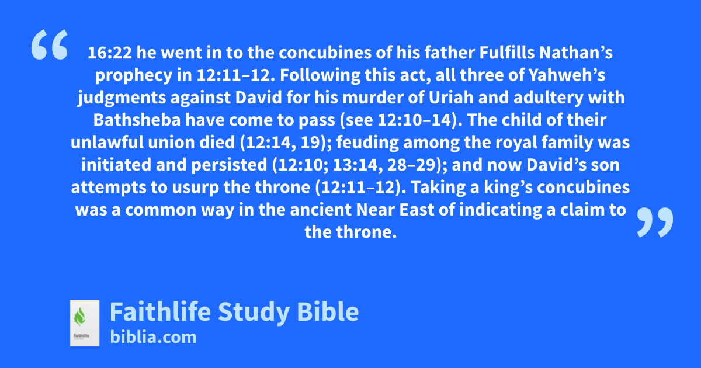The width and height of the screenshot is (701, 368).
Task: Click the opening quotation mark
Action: (x=50, y=44)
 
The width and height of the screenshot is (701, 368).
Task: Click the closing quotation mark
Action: (x=655, y=222)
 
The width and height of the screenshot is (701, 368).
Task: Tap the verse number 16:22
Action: (x=110, y=53)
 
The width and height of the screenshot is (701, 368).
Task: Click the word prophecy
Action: (x=134, y=76)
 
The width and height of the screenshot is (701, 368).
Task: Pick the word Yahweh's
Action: (x=567, y=75)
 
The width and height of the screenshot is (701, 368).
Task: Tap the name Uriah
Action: (x=451, y=98)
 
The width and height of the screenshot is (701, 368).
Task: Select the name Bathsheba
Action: (x=137, y=120)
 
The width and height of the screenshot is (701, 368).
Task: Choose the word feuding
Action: (x=367, y=143)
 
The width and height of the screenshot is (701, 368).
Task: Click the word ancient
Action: (x=321, y=210)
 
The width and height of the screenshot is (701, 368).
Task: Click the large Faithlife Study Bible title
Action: (x=234, y=312)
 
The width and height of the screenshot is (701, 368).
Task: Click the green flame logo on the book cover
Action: (x=79, y=317)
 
